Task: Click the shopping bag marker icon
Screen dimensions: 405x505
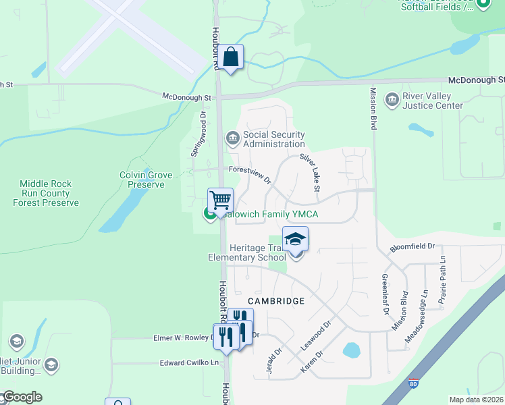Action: point(231,57)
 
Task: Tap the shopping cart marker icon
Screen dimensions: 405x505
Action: point(220,200)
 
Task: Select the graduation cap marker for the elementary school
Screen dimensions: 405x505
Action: point(295,240)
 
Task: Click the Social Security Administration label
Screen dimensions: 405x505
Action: point(274,139)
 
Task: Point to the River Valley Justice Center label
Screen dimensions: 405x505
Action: point(433,101)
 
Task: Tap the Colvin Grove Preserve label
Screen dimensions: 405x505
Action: point(146,180)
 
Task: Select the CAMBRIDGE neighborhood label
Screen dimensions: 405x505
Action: point(276,300)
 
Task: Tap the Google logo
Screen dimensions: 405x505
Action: point(22,397)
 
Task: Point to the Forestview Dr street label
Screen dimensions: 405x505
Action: point(250,175)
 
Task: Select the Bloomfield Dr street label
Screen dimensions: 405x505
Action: point(412,248)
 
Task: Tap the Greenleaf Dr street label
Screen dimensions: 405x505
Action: point(386,294)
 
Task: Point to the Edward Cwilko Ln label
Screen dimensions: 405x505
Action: point(190,363)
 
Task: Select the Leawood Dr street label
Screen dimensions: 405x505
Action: point(317,335)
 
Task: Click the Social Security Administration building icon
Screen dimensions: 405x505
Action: point(232,138)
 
